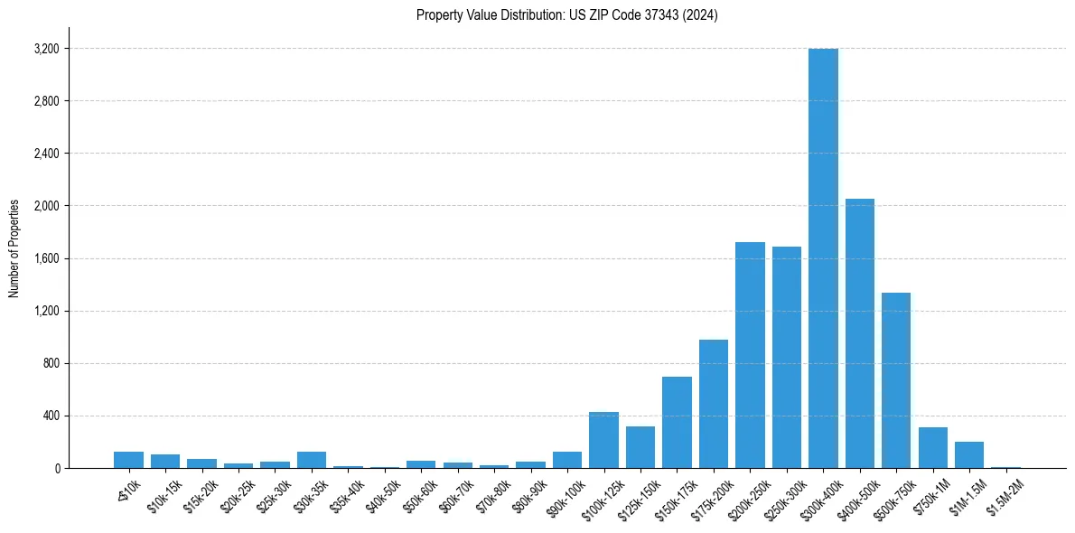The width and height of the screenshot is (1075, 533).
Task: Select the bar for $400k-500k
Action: pos(860,333)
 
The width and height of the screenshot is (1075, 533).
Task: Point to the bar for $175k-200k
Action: pos(714,404)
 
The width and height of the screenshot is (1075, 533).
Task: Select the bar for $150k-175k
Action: pos(677,423)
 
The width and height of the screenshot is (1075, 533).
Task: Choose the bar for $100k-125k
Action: pos(603,440)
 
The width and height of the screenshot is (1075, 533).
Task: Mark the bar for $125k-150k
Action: pos(640,447)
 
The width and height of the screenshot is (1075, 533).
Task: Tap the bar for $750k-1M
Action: pos(933,448)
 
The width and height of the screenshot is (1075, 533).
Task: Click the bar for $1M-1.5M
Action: pos(969,455)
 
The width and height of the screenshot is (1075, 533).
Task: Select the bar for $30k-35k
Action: pos(312,460)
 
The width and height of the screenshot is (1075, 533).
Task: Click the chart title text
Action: pos(567,14)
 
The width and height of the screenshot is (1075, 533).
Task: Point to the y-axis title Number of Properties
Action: pos(14,248)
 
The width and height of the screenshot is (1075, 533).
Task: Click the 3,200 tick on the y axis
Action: pos(46,49)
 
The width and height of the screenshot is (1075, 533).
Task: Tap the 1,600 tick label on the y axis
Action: pos(46,258)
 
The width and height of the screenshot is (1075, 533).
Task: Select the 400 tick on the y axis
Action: pos(51,416)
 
